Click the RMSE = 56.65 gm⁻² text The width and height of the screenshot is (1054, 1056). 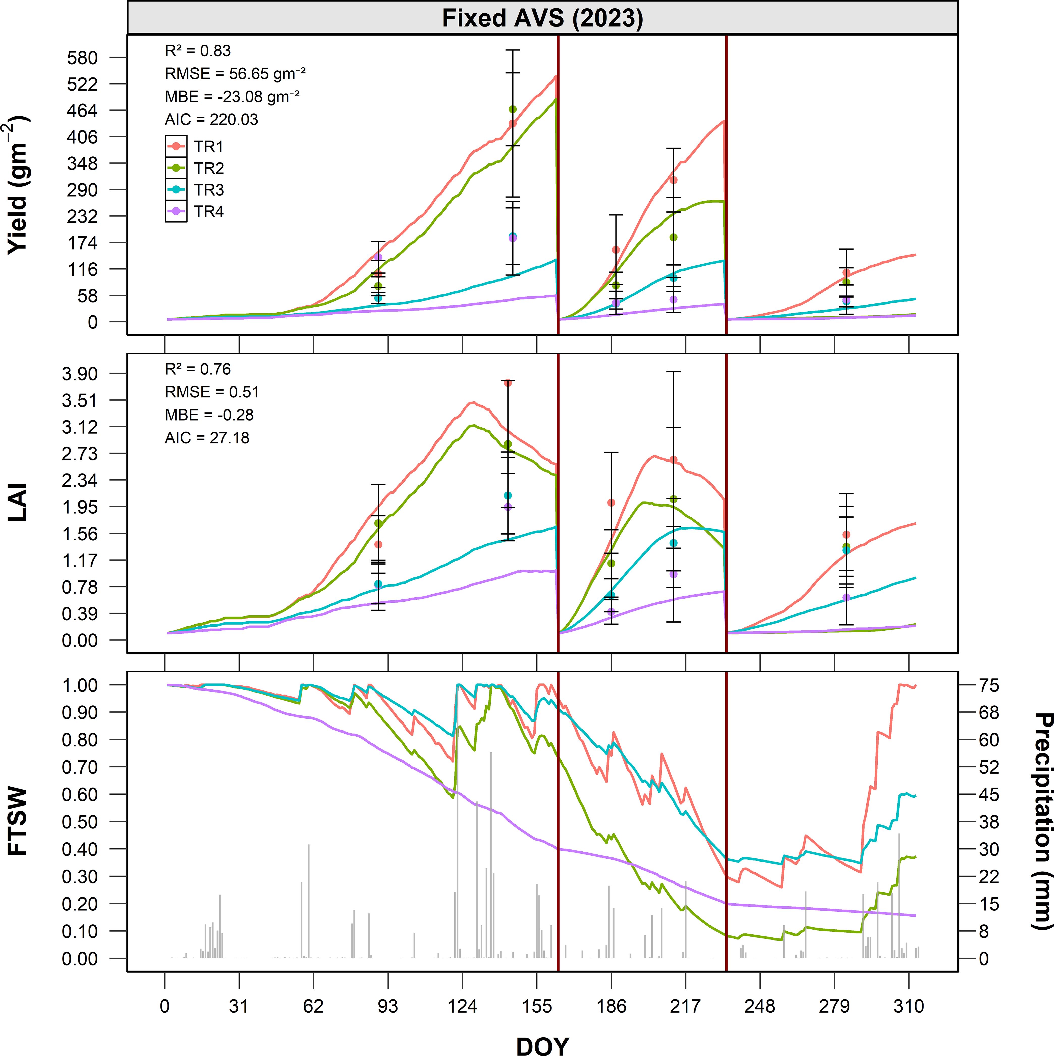tap(235, 74)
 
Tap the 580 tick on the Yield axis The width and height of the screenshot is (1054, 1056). tap(82, 58)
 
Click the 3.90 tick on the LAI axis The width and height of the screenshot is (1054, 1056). tap(80, 374)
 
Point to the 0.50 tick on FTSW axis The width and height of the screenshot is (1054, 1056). tap(80, 822)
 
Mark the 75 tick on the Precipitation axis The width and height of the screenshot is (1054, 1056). tap(988, 685)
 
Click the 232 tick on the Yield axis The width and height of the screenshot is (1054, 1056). tap(82, 216)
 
